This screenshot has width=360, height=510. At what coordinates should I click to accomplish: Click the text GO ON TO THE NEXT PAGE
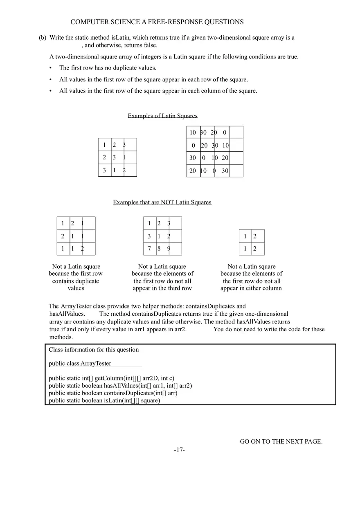tap(281, 441)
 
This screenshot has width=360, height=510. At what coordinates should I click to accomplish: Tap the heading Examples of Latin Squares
tap(162, 116)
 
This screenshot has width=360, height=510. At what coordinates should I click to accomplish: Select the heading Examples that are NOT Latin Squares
tap(162, 202)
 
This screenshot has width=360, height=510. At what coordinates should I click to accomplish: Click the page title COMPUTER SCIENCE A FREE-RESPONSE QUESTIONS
tap(157, 22)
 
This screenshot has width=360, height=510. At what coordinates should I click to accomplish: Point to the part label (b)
tap(43, 38)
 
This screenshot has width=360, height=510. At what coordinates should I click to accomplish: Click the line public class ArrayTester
tap(80, 363)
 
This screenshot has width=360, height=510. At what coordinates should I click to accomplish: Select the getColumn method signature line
tap(111, 378)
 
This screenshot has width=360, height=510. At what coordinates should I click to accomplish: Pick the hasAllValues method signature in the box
tap(120, 385)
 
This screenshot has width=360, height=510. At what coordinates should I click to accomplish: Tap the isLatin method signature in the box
tap(104, 400)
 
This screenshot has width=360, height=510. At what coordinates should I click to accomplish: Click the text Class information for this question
tap(94, 350)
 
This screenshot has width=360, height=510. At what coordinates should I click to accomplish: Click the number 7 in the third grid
tap(149, 249)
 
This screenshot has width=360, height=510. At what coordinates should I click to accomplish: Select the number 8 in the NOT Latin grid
tap(159, 249)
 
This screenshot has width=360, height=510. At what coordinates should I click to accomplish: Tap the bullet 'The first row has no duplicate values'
tap(108, 68)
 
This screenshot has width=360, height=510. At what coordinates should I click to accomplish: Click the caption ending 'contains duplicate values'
tap(76, 277)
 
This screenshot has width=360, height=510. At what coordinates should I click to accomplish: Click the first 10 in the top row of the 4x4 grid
tap(193, 133)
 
